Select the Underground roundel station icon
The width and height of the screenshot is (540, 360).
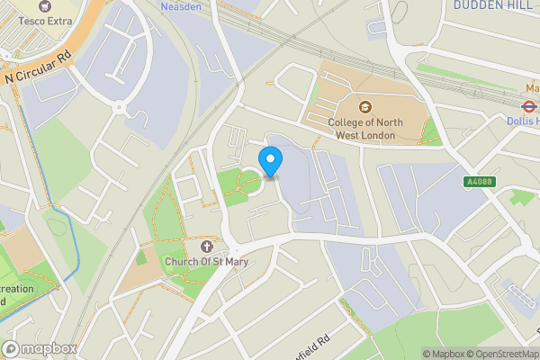(531, 103)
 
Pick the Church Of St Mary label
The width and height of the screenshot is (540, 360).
(205, 262)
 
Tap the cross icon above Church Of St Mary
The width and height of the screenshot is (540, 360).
(206, 246)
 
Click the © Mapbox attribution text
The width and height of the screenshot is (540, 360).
(444, 353)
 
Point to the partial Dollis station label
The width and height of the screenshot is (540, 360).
(524, 120)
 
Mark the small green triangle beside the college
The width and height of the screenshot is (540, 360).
(433, 132)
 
